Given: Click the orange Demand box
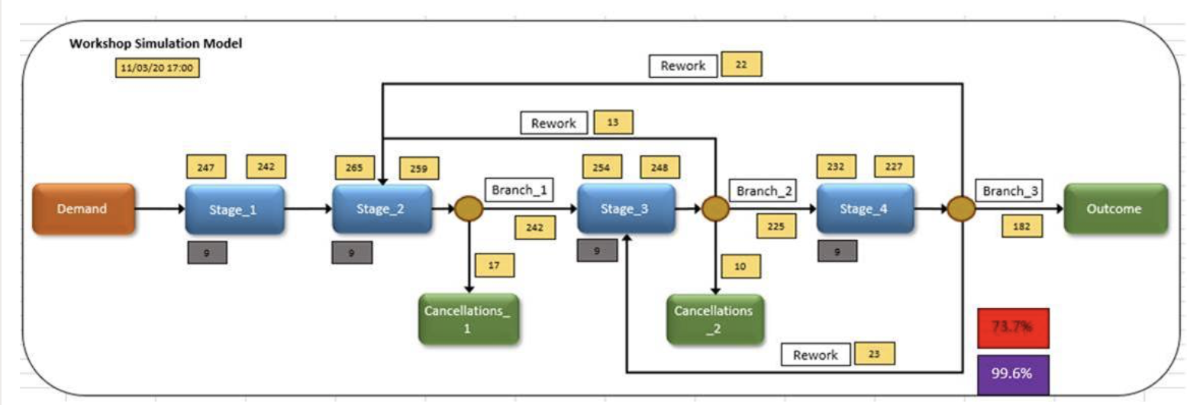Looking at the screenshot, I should pos(83,209).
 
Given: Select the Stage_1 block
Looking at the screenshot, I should pos(234,209).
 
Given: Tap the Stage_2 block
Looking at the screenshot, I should pos(381,209).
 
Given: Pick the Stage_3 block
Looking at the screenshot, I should pos(625,209).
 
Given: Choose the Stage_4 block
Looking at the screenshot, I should pos(864,209).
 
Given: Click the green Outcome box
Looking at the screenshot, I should pos(1114,209).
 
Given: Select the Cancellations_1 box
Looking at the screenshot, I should pos(468,319).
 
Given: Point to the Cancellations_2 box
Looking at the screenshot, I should pos(714,319).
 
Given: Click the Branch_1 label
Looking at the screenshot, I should pos(519,190).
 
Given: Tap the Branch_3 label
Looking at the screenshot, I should pos(1009,191).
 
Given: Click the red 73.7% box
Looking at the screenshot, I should pos(1012,327).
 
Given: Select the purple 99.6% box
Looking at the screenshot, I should pos(1012,374).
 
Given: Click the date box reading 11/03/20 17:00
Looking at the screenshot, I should pos(157,68).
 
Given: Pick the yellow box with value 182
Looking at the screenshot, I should pos(1021,226).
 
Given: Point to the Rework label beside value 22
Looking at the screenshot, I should pos(683,66).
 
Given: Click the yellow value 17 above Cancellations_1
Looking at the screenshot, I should pos(494,265).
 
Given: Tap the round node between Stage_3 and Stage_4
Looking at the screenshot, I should pos(715,209).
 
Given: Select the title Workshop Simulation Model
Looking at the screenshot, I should pos(156,44).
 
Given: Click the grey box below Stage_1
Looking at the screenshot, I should pos(207,252).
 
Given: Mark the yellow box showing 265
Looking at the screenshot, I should pos(354,167).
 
